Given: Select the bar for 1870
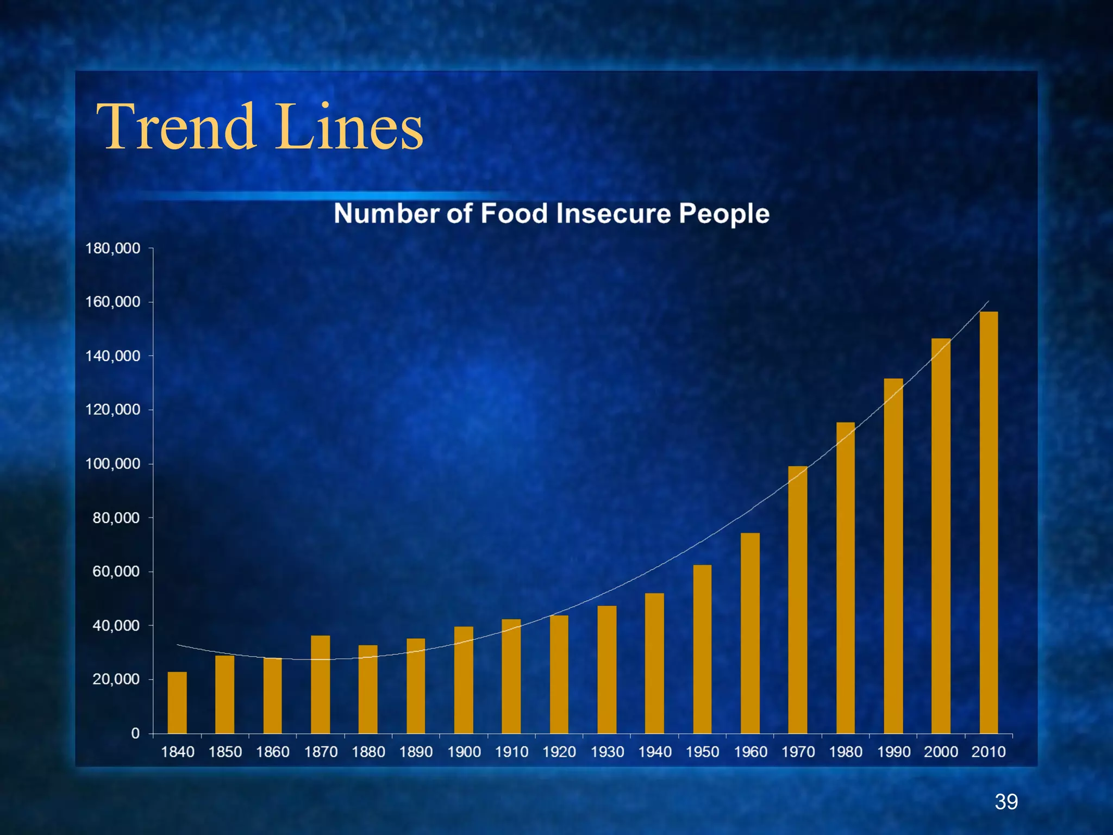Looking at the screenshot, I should click(x=320, y=684).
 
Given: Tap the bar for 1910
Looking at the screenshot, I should click(x=511, y=676).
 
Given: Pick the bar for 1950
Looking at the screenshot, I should click(x=702, y=649).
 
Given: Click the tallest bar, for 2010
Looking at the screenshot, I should click(x=989, y=522).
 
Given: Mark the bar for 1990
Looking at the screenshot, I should click(x=893, y=556).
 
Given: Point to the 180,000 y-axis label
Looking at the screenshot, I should click(x=113, y=248).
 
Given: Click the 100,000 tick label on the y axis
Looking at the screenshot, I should click(x=113, y=464).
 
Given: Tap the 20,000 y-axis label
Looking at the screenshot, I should click(x=116, y=680).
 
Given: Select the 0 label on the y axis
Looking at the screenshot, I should click(x=135, y=733).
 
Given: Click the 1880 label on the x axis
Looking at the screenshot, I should click(x=368, y=752).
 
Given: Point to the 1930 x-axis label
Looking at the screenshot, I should click(x=607, y=752).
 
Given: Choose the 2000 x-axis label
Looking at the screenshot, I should click(x=941, y=752).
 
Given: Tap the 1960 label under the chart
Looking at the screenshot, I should click(x=751, y=752).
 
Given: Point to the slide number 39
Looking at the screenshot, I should click(x=1006, y=802).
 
